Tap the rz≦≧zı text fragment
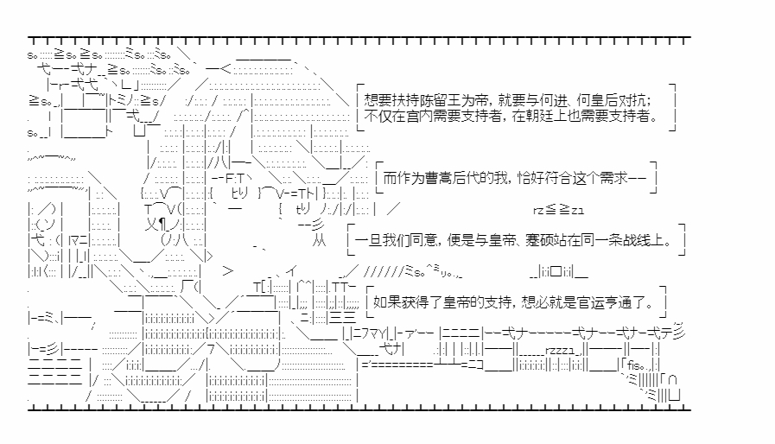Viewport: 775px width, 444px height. (558, 209)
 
